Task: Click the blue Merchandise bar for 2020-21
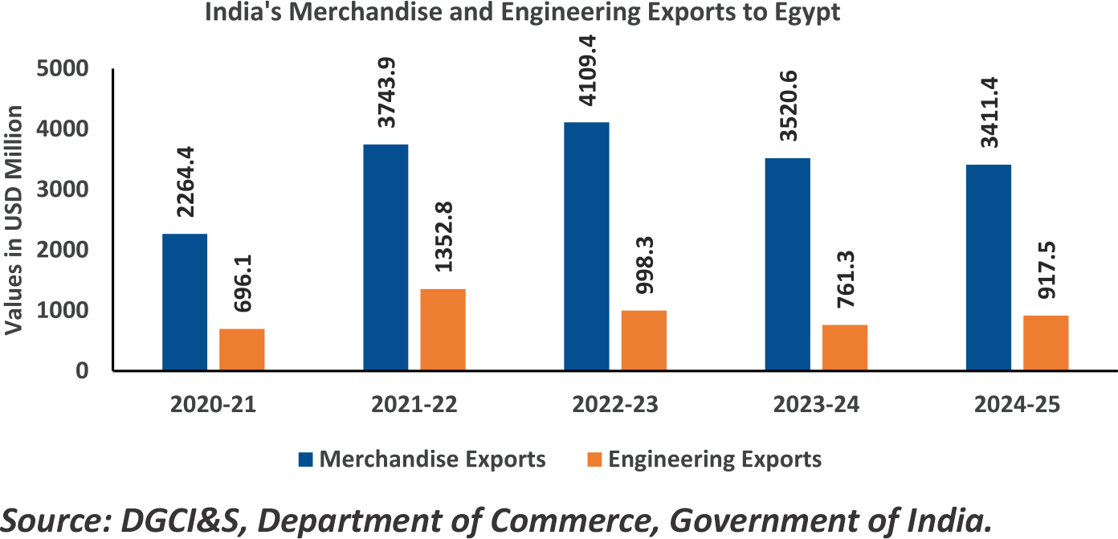click(x=185, y=302)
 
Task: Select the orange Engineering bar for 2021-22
click(x=443, y=329)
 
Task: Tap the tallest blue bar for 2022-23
click(x=586, y=246)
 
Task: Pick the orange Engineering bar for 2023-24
click(x=844, y=347)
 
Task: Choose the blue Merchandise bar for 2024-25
click(x=989, y=267)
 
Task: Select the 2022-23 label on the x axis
click(x=615, y=405)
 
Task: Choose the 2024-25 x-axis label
click(x=1017, y=405)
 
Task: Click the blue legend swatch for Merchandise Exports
click(x=305, y=459)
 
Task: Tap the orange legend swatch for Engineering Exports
click(x=594, y=459)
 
